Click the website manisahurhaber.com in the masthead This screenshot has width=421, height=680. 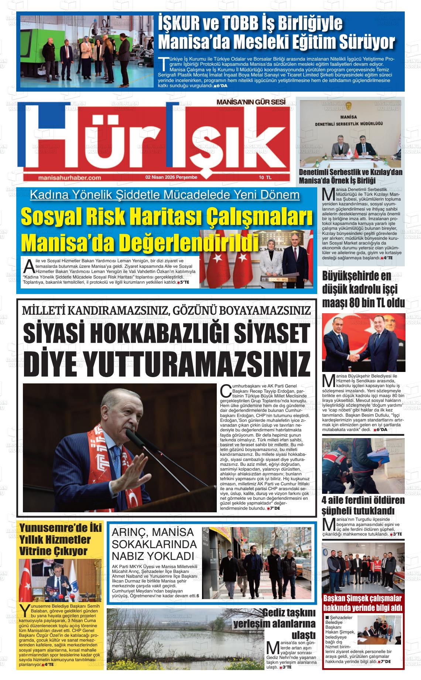[x=69, y=178]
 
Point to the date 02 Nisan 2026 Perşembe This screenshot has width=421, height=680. [x=171, y=177]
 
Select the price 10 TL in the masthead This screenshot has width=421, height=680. [x=265, y=178]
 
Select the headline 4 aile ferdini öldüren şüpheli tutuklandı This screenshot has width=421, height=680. [x=363, y=505]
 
